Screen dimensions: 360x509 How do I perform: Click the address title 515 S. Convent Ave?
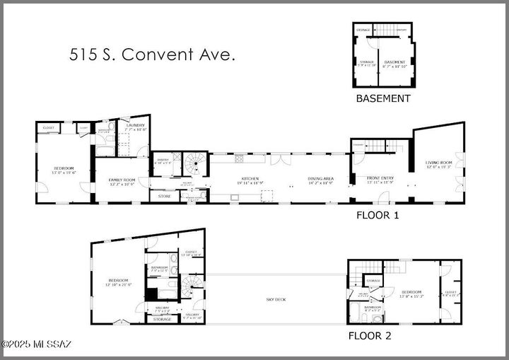click(x=151, y=55)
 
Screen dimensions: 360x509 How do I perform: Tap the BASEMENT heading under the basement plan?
click(x=382, y=99)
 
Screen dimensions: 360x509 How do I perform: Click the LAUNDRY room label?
click(x=134, y=127)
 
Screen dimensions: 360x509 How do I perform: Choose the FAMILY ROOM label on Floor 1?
click(x=122, y=182)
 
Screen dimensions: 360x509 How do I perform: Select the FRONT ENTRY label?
click(x=381, y=179)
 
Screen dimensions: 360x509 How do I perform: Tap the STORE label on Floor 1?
click(x=164, y=196)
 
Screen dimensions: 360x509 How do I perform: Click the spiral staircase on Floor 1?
click(x=192, y=165)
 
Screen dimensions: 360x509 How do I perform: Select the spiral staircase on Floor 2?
click(x=192, y=286)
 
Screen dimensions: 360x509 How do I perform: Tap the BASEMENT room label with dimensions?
click(x=394, y=64)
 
